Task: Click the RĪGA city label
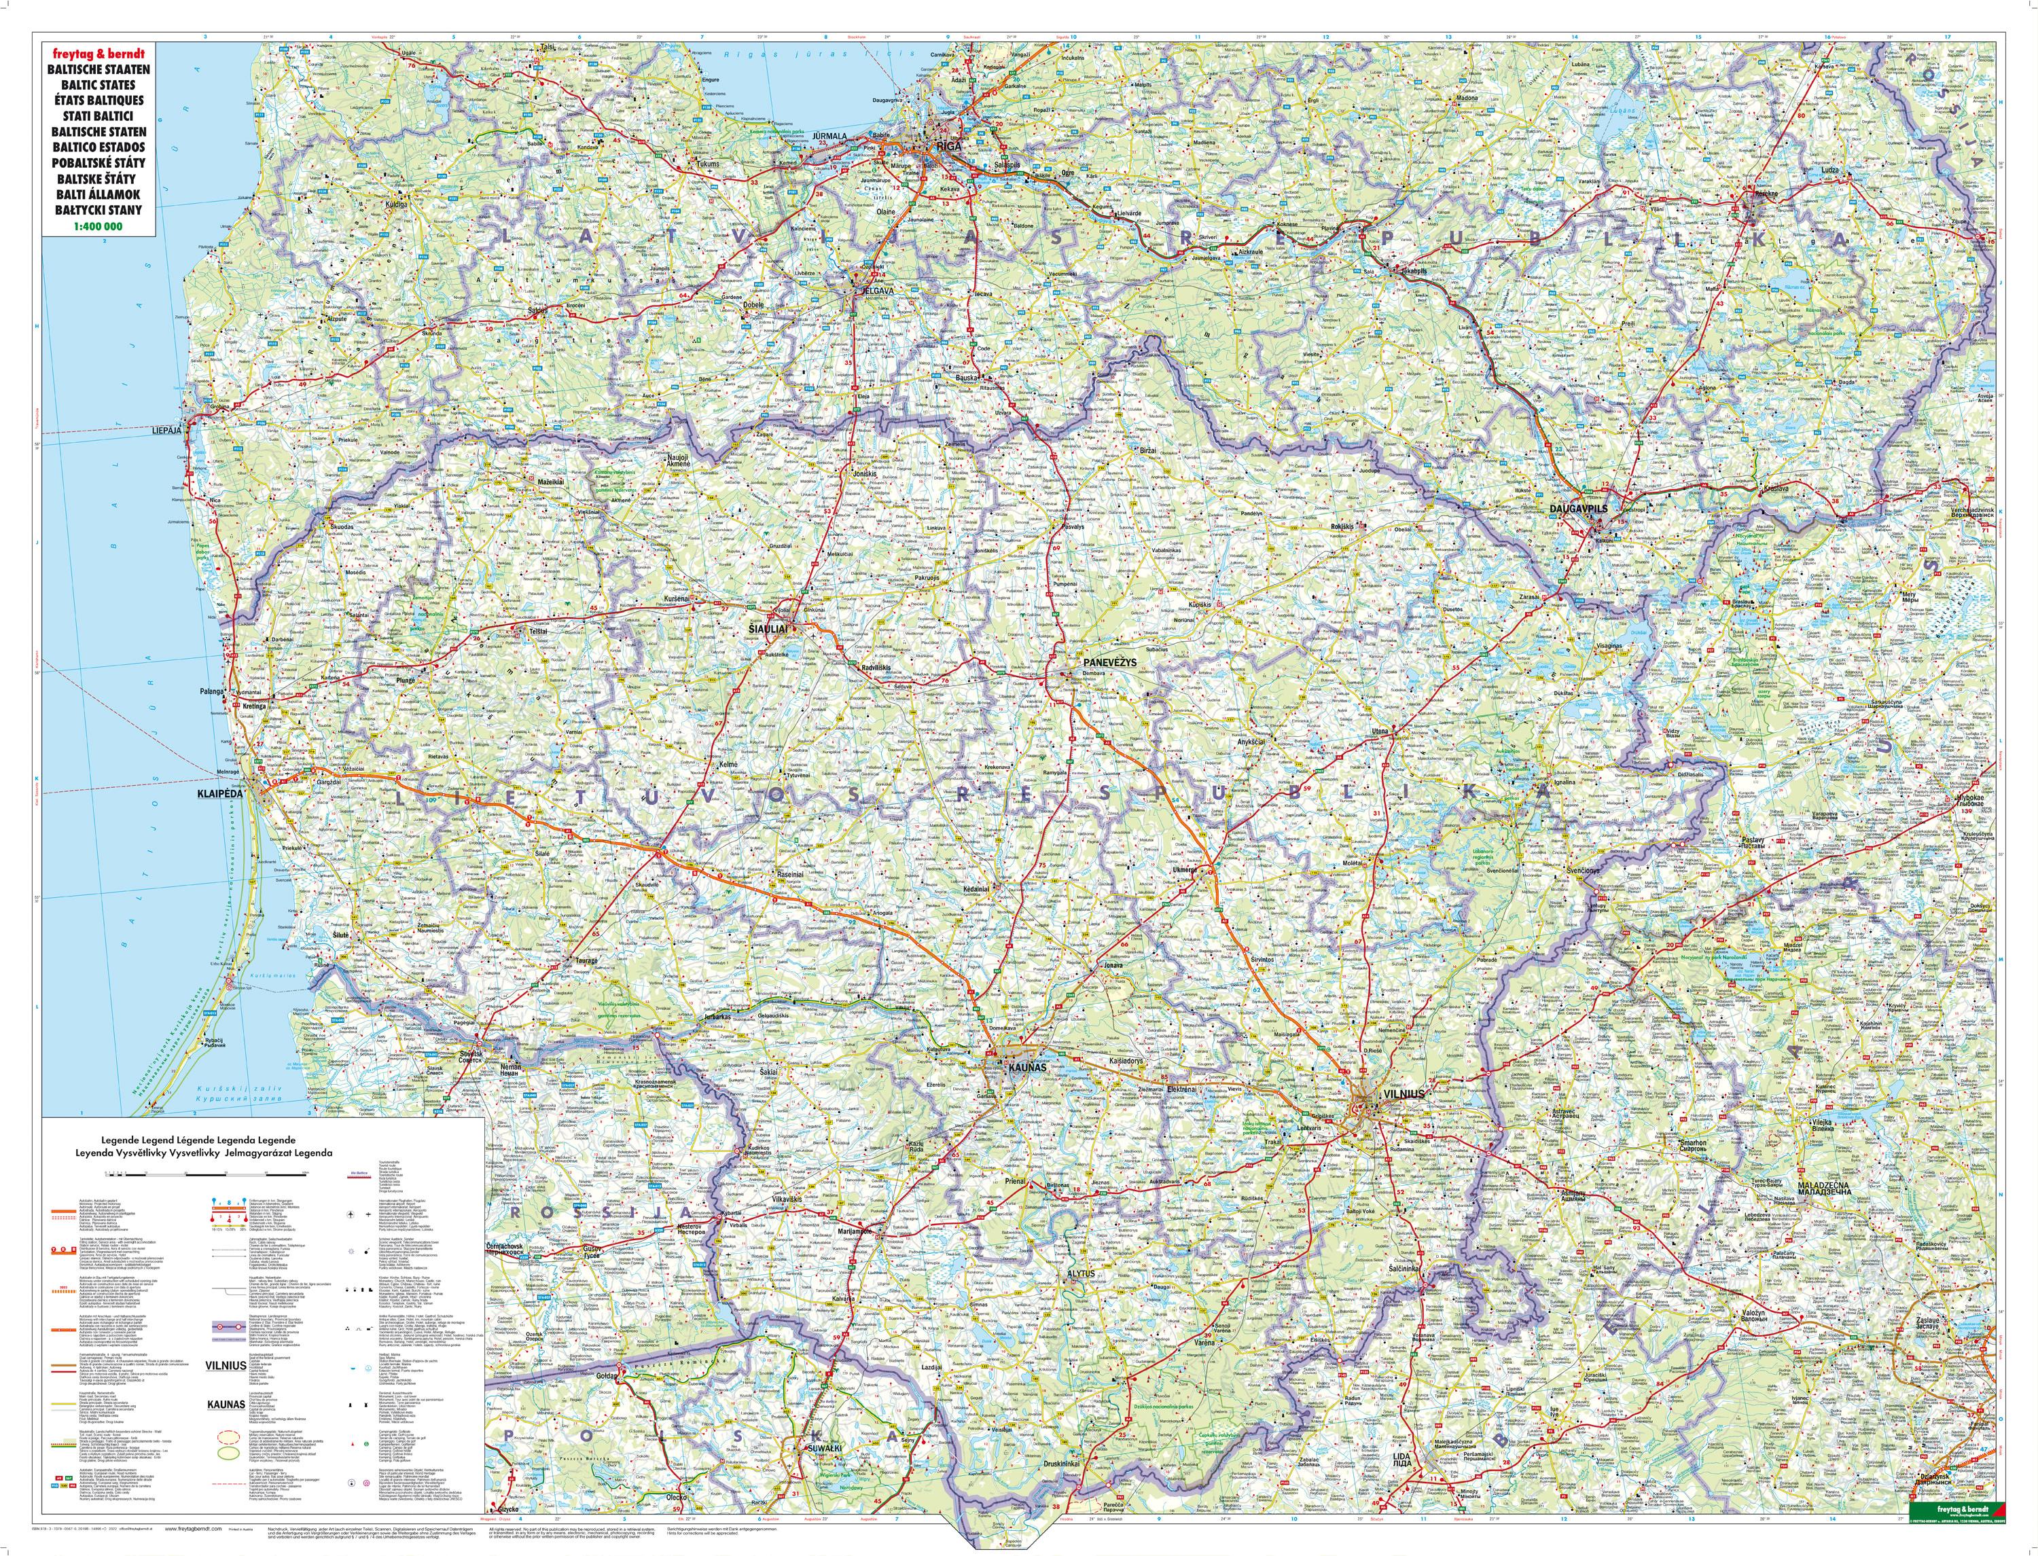coord(948,145)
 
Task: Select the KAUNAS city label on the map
coord(1029,1067)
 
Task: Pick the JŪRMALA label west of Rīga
coord(829,136)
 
